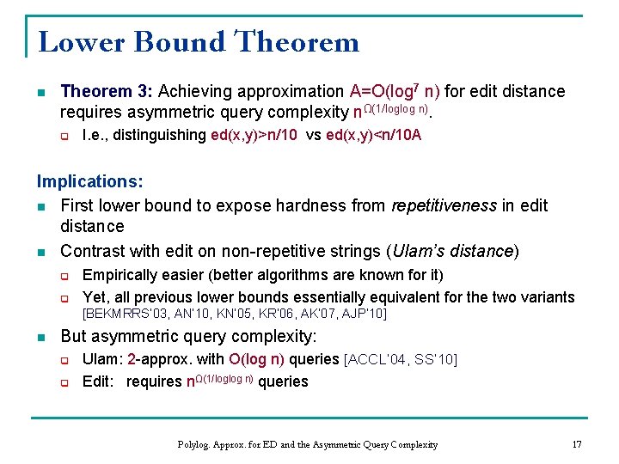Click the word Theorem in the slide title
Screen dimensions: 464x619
coord(297,41)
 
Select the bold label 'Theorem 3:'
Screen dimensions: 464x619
coord(107,91)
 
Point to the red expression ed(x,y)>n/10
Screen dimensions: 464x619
coord(255,135)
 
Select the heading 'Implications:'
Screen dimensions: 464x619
coord(89,182)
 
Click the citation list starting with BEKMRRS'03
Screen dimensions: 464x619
coord(234,314)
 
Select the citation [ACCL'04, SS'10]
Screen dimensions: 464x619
coord(400,358)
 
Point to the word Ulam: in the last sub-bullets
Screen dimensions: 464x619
coord(101,358)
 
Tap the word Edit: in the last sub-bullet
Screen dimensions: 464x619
coord(99,382)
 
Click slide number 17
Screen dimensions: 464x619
coord(577,444)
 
